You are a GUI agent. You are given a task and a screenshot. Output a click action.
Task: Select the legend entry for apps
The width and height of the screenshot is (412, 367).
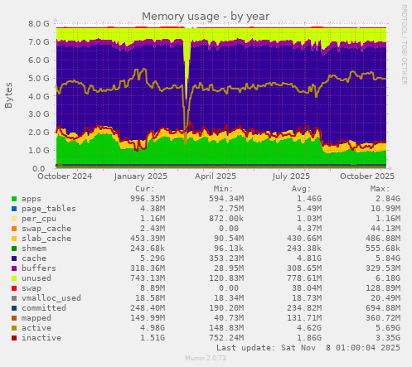[31, 199]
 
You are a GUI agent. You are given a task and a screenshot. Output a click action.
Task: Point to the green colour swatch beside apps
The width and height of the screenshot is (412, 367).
[14, 199]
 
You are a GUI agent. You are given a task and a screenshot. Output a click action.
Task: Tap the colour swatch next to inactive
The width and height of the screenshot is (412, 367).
[14, 338]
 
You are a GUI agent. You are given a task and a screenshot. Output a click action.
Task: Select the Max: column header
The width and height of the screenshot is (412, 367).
[380, 189]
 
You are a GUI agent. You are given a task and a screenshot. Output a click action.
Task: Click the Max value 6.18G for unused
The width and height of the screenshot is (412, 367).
[377, 278]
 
